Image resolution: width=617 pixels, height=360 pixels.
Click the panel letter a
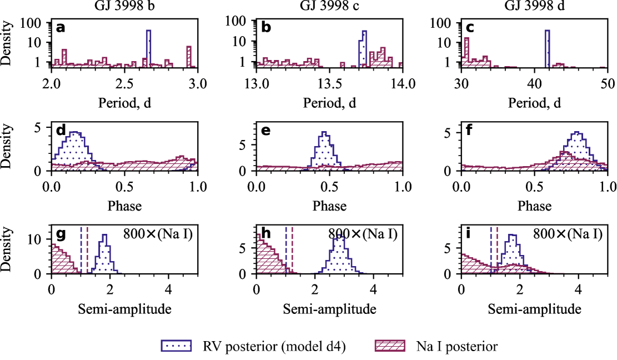(61, 28)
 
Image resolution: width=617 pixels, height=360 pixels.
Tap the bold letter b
(266, 28)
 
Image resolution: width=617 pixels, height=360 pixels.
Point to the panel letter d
(61, 131)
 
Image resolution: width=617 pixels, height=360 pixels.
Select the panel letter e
(265, 131)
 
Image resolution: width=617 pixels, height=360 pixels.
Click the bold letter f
(469, 131)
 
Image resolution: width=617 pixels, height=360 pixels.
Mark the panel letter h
(265, 234)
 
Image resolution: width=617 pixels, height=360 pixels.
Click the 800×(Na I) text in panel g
(158, 234)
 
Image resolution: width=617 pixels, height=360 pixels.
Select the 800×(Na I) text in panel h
(363, 234)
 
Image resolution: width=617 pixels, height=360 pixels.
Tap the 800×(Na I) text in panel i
(568, 234)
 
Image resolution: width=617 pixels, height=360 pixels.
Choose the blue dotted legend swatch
(176, 346)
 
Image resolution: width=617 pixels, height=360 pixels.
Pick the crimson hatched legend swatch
(390, 346)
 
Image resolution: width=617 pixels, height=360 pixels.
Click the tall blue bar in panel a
(148, 49)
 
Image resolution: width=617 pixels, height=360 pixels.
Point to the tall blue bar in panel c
(547, 49)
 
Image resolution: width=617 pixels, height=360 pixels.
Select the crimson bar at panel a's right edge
(189, 57)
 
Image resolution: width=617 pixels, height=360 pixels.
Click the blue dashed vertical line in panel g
(81, 250)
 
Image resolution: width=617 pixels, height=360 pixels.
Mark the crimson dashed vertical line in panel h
(292, 250)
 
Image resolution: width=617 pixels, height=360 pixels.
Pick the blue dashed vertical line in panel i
(491, 250)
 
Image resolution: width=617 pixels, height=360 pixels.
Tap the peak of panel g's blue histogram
(104, 236)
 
